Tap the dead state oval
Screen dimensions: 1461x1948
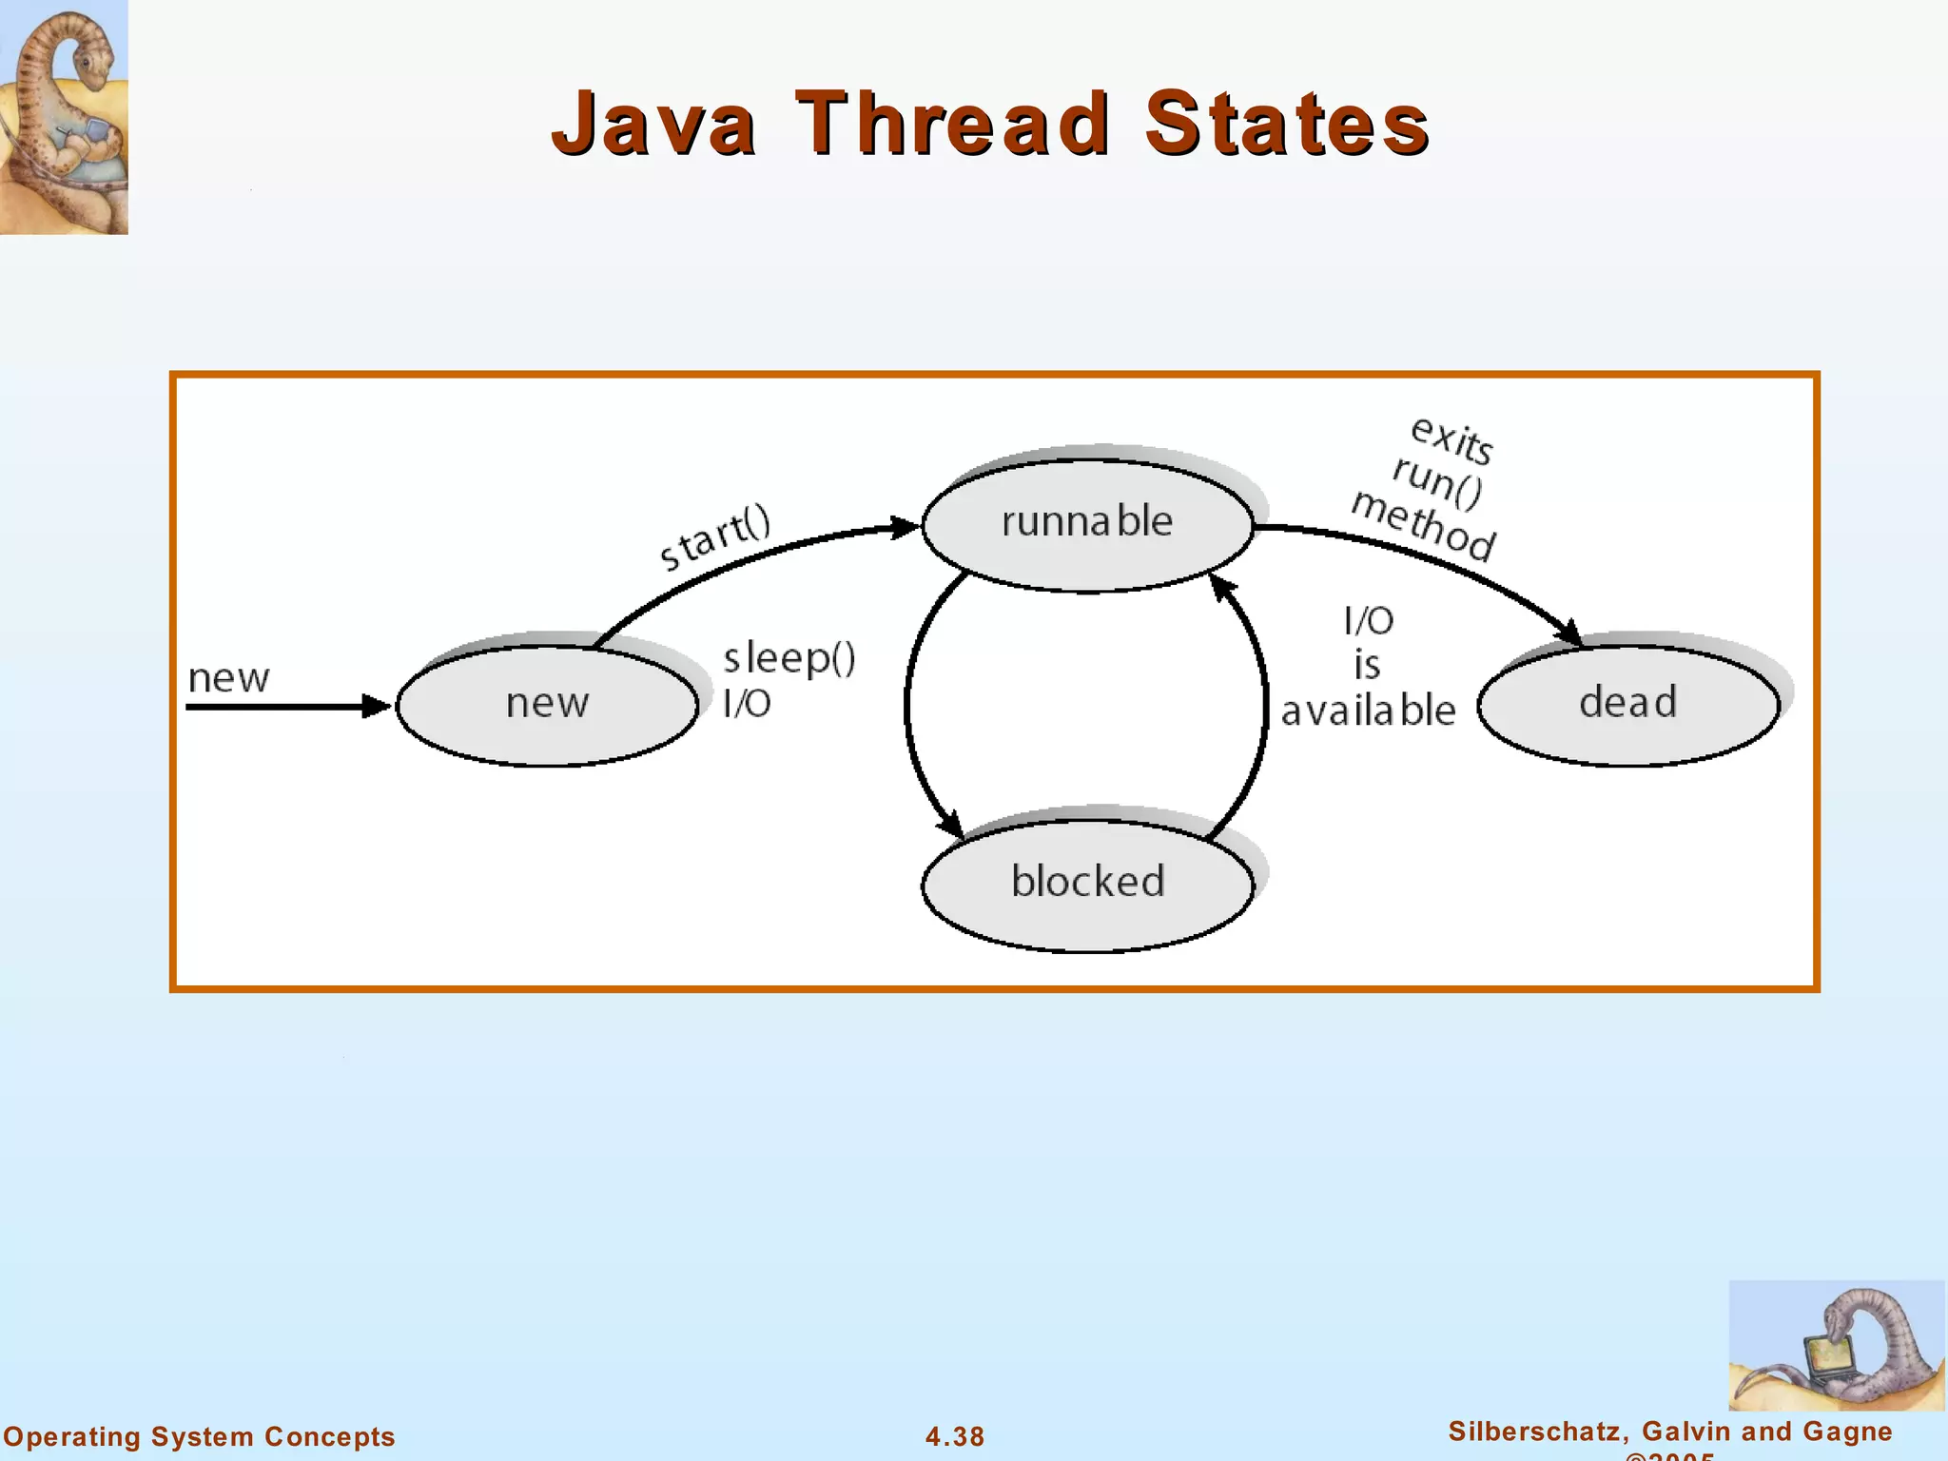[1627, 704]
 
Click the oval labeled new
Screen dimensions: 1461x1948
[547, 705]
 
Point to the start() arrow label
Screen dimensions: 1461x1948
[715, 539]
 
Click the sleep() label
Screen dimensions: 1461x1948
[789, 658]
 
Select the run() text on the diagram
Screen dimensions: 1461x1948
[1437, 481]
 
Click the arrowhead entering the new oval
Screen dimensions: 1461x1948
[378, 707]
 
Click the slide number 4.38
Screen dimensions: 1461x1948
[955, 1436]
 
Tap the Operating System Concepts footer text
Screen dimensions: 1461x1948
[200, 1436]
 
